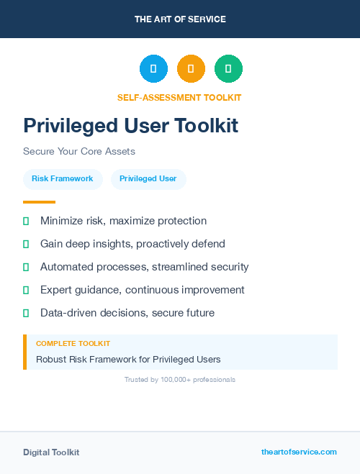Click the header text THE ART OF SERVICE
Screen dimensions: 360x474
180,19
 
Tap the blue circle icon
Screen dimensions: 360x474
153,68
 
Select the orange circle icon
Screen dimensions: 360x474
191,68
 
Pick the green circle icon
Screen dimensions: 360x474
228,68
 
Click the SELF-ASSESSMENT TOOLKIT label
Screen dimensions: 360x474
180,97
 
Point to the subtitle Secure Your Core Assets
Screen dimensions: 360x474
79,152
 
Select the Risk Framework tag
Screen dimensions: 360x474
63,178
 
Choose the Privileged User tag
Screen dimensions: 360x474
148,178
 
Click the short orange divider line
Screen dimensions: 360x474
39,202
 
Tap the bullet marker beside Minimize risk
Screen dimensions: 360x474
26,221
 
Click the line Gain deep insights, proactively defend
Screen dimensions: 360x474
132,244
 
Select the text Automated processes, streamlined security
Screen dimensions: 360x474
144,267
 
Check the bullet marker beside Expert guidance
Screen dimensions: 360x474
26,290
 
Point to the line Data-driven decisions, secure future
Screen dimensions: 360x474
127,313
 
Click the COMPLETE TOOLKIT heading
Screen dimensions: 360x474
73,344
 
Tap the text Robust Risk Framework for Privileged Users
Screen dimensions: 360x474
128,359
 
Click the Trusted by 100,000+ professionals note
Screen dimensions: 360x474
180,379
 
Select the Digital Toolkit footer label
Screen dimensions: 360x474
51,452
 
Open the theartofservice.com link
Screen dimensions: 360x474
299,452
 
